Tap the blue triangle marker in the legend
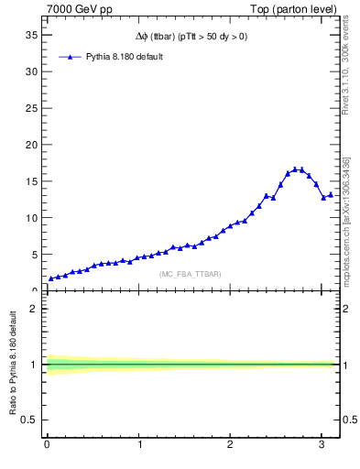[68, 57]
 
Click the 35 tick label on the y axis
[31, 35]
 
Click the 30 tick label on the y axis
[31, 71]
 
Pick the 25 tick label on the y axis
[31, 108]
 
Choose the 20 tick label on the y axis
[31, 145]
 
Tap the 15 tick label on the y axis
[31, 181]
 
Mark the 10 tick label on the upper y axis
[31, 218]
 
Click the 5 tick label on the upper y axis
[34, 255]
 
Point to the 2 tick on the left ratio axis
[34, 309]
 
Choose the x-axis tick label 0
[46, 446]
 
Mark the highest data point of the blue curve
[295, 169]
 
